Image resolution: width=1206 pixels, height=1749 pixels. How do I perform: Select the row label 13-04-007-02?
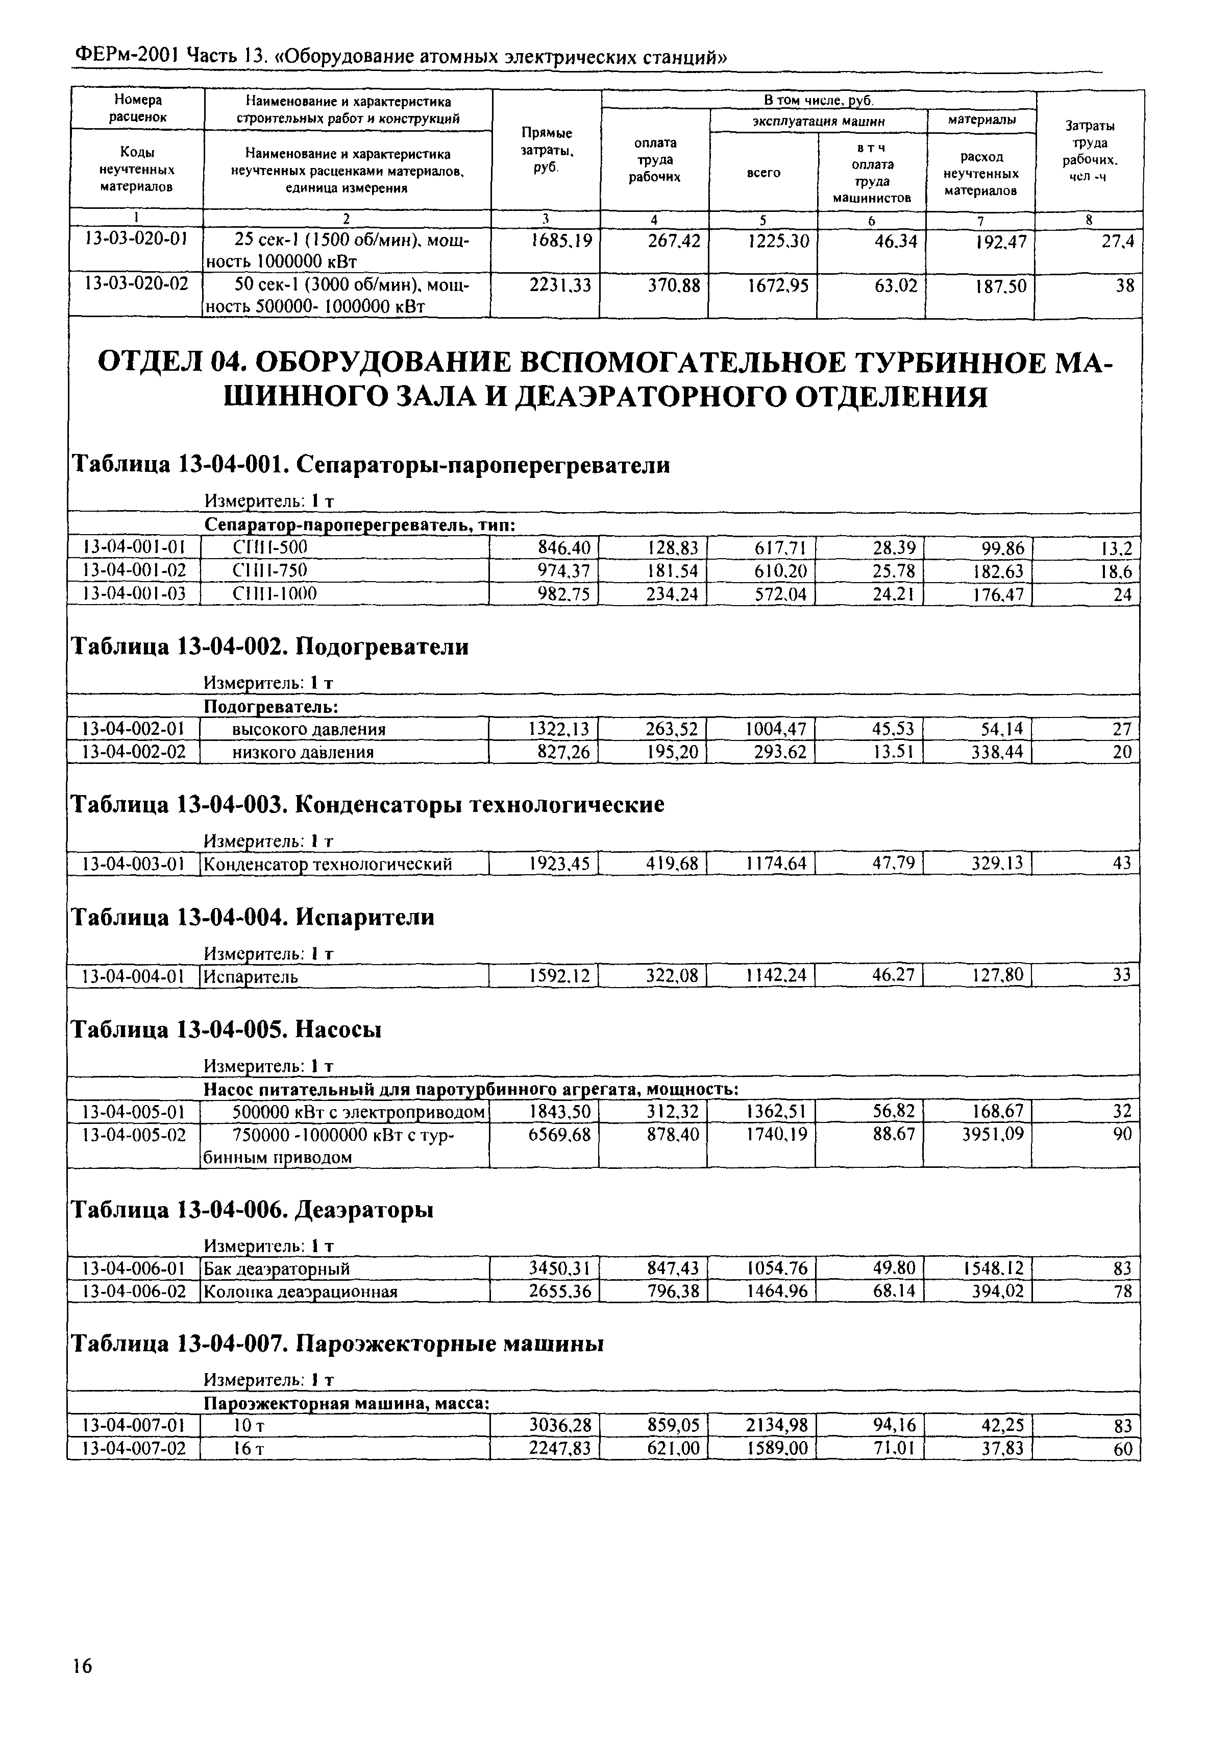[134, 1448]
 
